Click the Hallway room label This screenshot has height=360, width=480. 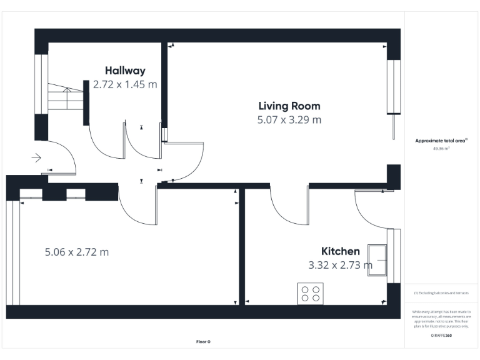(x=125, y=71)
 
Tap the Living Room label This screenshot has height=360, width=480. (x=289, y=106)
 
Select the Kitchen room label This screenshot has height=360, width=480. (x=341, y=251)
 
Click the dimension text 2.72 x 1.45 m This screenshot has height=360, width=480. (x=125, y=84)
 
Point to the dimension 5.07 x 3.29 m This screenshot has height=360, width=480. (x=289, y=119)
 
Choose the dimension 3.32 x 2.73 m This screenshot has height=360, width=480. (x=341, y=265)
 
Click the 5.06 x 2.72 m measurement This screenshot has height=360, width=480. (x=77, y=252)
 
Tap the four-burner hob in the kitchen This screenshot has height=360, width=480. (x=310, y=293)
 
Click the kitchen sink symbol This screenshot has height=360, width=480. (x=377, y=258)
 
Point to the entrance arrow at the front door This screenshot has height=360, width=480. (x=36, y=158)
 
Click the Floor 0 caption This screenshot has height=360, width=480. (x=203, y=341)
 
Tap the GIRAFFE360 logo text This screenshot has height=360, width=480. (x=441, y=336)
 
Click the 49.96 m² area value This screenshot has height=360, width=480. (x=441, y=149)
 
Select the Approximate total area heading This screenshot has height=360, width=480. (x=441, y=141)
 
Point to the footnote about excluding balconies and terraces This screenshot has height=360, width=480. (x=441, y=292)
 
